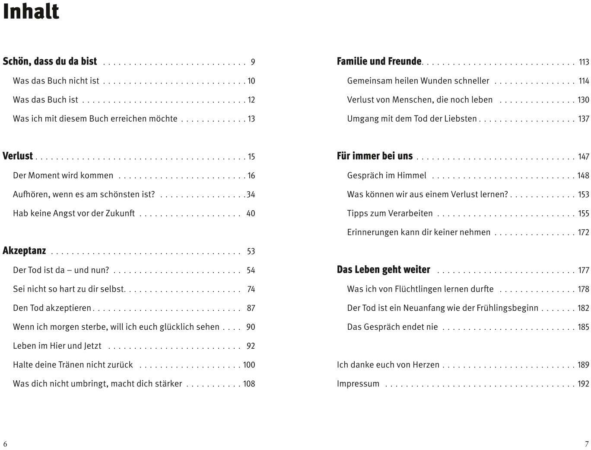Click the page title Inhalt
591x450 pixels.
point(31,12)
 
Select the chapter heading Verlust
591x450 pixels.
point(18,156)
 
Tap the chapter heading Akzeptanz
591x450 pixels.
point(24,251)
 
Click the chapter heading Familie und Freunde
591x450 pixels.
point(379,61)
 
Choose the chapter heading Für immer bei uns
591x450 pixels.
point(375,156)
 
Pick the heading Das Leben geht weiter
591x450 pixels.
point(383,270)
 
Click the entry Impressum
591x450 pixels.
point(358,384)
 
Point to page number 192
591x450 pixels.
point(583,384)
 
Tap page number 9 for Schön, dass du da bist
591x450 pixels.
point(253,62)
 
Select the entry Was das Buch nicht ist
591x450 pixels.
point(56,81)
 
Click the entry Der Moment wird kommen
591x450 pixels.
point(63,176)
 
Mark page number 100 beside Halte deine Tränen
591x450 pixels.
point(249,365)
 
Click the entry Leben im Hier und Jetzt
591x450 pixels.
point(57,346)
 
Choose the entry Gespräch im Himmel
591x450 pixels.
point(387,176)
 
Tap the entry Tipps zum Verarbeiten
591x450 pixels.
point(390,213)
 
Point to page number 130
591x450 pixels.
point(583,100)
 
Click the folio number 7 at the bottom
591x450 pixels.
point(587,444)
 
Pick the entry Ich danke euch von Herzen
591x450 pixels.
point(388,365)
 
